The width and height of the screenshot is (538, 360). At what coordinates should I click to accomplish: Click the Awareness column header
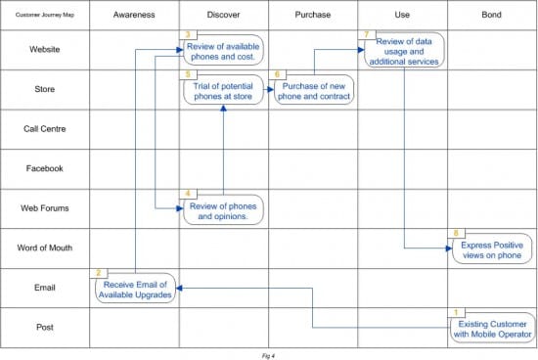pyautogui.click(x=134, y=16)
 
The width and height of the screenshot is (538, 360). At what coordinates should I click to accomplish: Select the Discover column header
pyautogui.click(x=223, y=16)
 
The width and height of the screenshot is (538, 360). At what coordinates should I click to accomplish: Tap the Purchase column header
pyautogui.click(x=313, y=16)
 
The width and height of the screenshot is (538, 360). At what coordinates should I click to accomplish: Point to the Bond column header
pyautogui.click(x=492, y=16)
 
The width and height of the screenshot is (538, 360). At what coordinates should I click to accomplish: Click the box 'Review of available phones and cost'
pyautogui.click(x=224, y=48)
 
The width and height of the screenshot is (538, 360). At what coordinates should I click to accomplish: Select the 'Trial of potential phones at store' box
pyautogui.click(x=224, y=91)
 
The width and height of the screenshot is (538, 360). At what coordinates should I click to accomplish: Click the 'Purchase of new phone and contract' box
pyautogui.click(x=314, y=91)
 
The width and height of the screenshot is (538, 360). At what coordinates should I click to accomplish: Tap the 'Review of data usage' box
pyautogui.click(x=403, y=51)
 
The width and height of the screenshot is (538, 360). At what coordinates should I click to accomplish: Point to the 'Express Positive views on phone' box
pyautogui.click(x=492, y=249)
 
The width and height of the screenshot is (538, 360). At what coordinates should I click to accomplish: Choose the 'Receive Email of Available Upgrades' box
pyautogui.click(x=136, y=289)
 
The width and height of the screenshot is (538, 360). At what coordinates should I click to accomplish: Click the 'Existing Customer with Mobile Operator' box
pyautogui.click(x=492, y=328)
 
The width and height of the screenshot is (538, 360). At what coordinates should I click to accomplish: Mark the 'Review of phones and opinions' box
pyautogui.click(x=224, y=209)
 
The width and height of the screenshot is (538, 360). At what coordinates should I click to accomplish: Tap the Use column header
pyautogui.click(x=403, y=16)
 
